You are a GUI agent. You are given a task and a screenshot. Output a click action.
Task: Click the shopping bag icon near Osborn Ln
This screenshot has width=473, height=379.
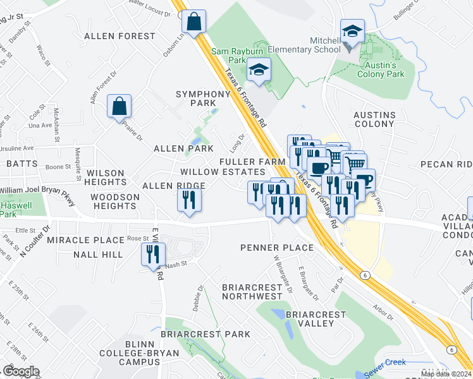(193, 21)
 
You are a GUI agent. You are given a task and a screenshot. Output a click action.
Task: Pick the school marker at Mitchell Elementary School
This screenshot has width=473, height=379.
(352, 32)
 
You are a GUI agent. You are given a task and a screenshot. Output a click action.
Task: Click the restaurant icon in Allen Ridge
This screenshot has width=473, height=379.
(189, 200)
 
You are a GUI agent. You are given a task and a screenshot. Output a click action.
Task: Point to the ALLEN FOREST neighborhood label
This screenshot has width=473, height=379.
(120, 36)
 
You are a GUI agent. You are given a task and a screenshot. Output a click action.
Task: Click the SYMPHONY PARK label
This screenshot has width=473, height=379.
(203, 99)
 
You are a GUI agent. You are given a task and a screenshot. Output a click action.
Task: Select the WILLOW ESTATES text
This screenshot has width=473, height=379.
(223, 172)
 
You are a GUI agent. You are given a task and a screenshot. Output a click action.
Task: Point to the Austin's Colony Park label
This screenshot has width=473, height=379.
(381, 69)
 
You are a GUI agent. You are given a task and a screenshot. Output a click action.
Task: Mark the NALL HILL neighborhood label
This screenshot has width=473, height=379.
(98, 254)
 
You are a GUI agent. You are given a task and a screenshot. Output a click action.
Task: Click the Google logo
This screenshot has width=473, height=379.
(21, 371)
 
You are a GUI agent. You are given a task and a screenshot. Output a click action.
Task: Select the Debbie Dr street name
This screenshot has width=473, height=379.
(197, 298)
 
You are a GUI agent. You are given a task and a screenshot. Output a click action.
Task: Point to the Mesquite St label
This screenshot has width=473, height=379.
(78, 164)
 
